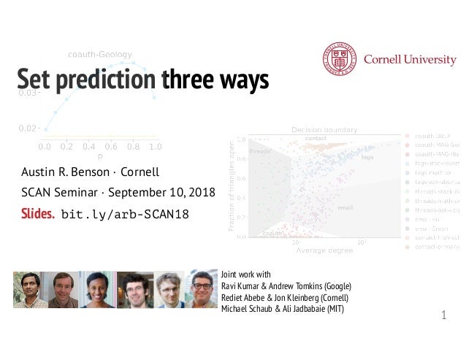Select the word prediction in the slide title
point(110,81)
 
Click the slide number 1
point(443,315)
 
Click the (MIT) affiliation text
point(332,310)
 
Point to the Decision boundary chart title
point(324,129)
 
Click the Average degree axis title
point(324,250)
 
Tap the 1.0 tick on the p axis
point(155,146)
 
